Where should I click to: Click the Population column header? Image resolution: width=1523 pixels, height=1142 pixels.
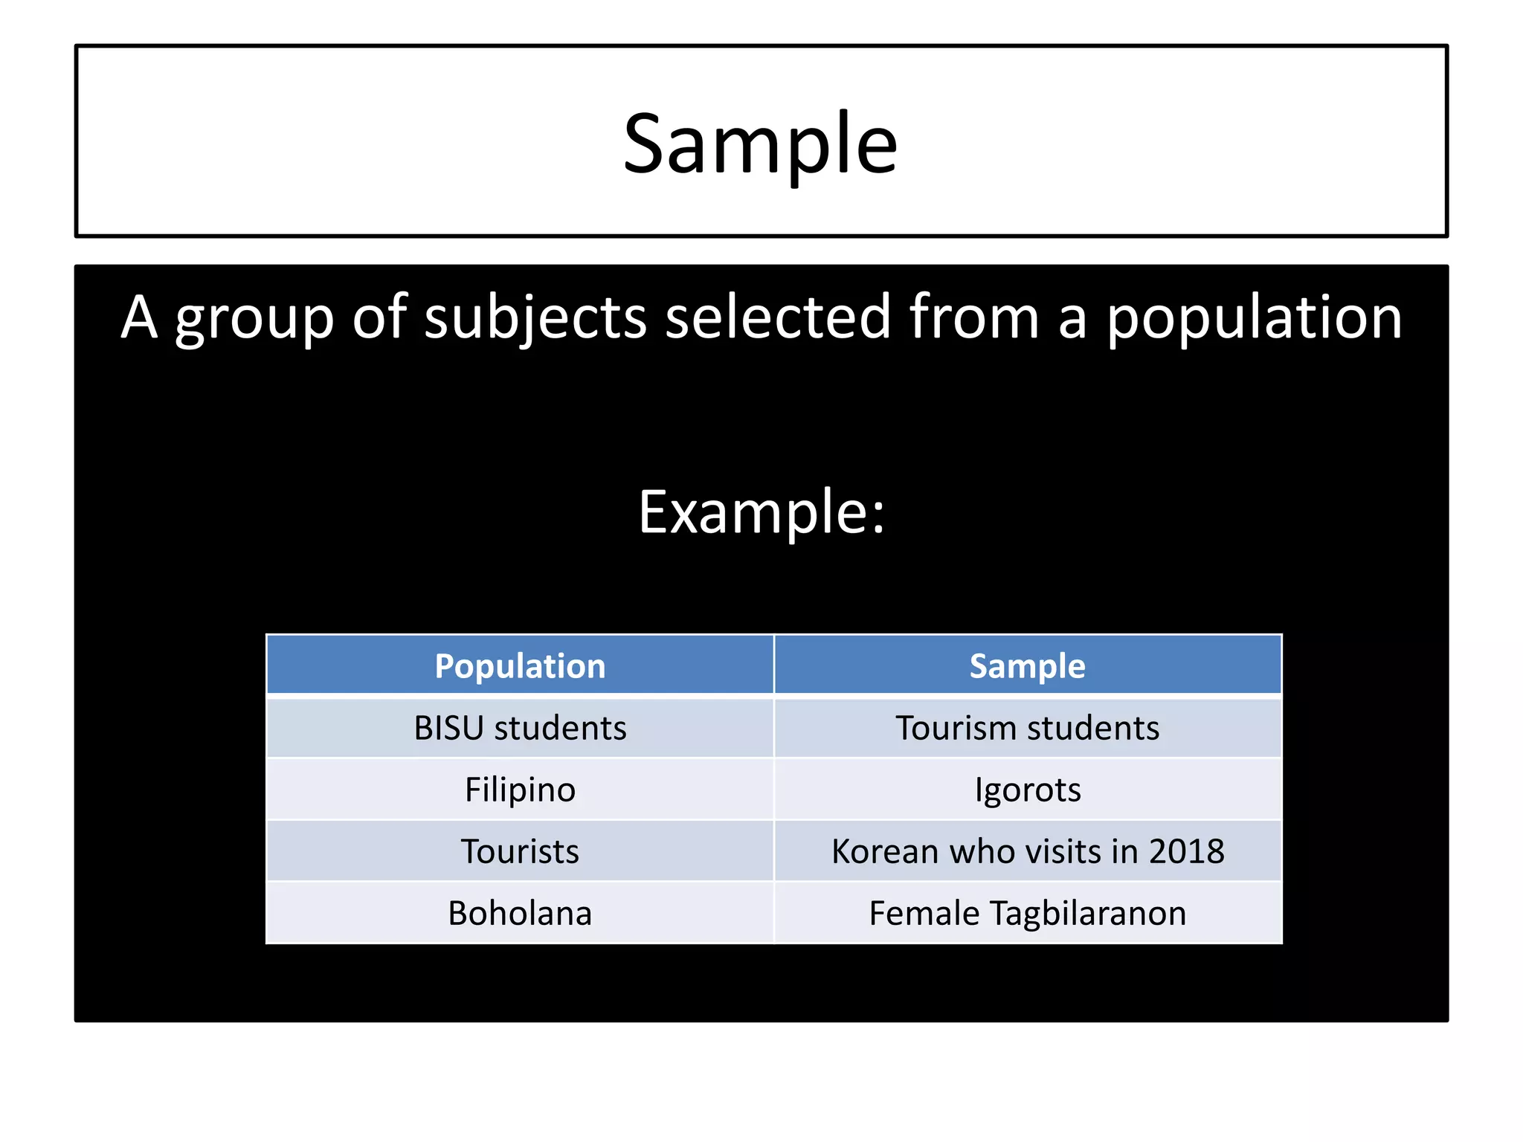520,665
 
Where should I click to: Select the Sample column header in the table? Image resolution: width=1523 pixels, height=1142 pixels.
1027,665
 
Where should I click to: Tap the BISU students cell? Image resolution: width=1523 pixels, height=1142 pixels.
520,728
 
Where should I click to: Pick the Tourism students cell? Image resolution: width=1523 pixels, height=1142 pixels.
1027,728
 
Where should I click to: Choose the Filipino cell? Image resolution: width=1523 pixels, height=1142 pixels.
520,790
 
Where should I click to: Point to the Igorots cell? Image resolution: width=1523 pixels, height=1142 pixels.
1027,790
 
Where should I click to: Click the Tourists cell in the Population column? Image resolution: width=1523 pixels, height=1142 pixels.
520,851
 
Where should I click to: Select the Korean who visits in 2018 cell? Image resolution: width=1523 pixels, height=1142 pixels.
1027,851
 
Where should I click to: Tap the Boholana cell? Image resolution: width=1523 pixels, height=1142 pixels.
520,913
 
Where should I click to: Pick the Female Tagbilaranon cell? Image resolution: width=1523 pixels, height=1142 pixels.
1027,913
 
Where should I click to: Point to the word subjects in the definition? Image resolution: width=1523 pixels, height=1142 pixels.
535,317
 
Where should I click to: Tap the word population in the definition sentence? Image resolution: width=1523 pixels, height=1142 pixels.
1254,317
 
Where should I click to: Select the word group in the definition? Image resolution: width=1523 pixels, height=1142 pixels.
254,317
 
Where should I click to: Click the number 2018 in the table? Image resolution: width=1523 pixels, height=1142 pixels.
1186,851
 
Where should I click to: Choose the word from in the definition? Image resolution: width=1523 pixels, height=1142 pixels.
973,317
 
